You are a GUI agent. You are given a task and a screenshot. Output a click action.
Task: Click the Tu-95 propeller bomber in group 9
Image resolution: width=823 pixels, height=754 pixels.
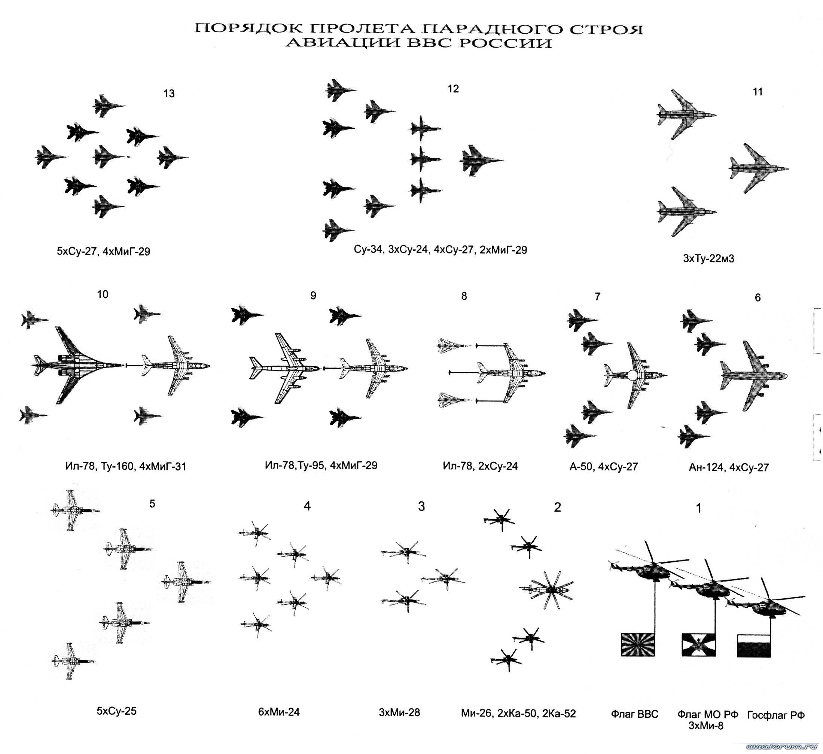[x=285, y=369]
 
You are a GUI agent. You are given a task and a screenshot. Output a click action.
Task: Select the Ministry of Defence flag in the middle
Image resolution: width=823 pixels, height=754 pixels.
[x=699, y=645]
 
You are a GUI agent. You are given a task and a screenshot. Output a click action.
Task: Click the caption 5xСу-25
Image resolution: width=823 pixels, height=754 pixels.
[x=116, y=711]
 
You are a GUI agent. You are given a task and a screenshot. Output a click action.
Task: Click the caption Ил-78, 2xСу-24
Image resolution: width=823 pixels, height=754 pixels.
[x=480, y=466]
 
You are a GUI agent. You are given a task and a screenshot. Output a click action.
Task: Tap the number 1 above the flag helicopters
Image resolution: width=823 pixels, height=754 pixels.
[x=698, y=508]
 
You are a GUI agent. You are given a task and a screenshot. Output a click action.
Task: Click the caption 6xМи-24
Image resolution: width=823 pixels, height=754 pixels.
[x=279, y=712]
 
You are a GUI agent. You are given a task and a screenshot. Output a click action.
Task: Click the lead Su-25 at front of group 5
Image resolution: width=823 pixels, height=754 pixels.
[x=186, y=582]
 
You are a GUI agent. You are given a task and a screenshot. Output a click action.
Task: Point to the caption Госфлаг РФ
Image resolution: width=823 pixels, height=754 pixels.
[x=775, y=714]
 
